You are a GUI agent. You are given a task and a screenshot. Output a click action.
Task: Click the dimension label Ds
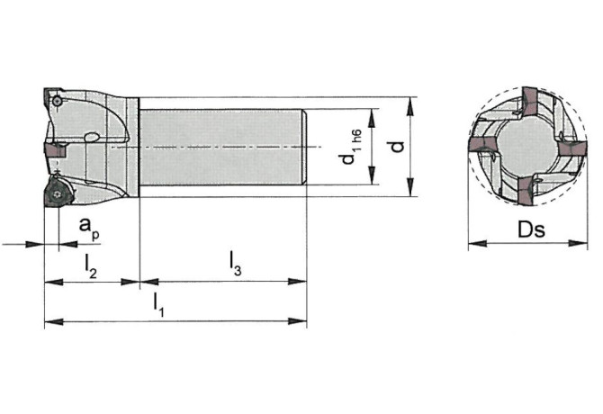pyautogui.click(x=531, y=229)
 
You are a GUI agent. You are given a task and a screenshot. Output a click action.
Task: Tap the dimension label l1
pyautogui.click(x=158, y=306)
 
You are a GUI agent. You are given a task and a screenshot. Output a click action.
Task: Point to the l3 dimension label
pyautogui.click(x=236, y=264)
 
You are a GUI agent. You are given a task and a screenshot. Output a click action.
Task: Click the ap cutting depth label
pyautogui.click(x=90, y=229)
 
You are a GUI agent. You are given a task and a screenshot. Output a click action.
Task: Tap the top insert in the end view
pyautogui.click(x=531, y=101)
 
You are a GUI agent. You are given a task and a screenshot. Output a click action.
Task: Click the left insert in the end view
pyautogui.click(x=481, y=145)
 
